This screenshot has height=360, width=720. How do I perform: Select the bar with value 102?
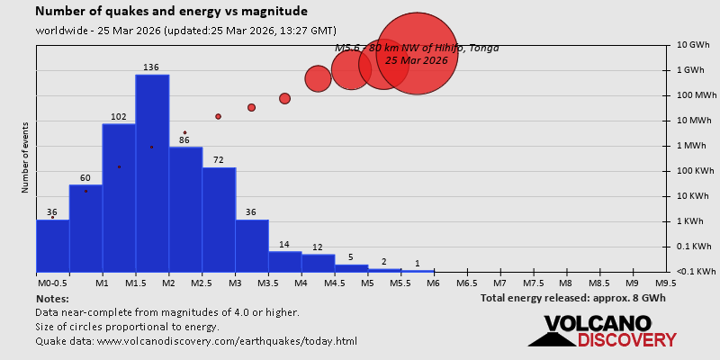119,197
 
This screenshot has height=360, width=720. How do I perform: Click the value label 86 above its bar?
184,139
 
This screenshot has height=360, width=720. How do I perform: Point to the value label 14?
284,244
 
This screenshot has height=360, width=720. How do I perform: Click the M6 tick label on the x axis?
433,283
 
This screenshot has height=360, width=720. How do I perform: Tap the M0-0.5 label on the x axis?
51,283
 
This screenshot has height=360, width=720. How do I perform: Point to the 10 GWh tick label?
693,44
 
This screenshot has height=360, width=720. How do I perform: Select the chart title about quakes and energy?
171,12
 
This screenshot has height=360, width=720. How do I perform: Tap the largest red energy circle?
416,53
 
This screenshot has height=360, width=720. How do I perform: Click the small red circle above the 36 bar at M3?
251,107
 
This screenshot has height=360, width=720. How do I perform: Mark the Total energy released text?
572,297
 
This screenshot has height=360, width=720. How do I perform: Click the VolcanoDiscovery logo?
601,330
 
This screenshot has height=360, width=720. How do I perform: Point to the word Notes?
52,297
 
